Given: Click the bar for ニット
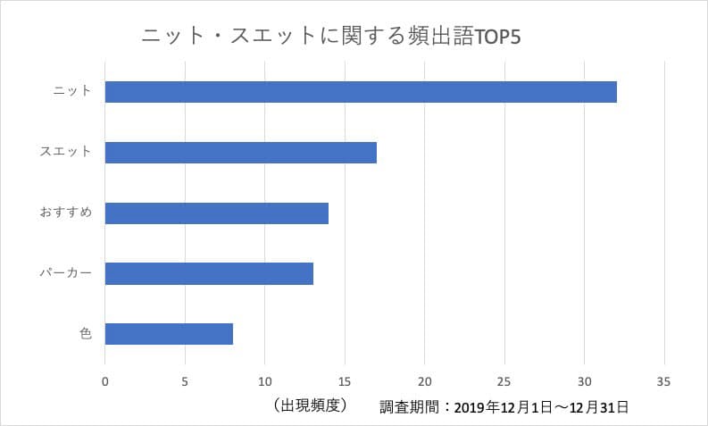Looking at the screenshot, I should click(x=361, y=92).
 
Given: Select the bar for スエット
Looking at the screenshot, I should click(x=241, y=153).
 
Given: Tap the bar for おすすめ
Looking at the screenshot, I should click(x=217, y=213).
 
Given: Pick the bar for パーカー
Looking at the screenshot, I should click(x=209, y=273).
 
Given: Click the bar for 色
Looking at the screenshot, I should click(x=169, y=334).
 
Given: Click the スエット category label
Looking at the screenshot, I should click(x=66, y=152).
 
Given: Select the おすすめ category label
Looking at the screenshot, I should click(x=66, y=213).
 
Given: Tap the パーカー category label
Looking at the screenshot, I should click(x=66, y=273).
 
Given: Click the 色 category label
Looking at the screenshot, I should click(x=85, y=334).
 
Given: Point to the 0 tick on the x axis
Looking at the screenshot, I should click(x=105, y=382).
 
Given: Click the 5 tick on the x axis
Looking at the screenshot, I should click(x=185, y=382).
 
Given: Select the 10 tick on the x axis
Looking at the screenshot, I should click(x=265, y=382).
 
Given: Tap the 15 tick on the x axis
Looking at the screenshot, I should click(x=345, y=382).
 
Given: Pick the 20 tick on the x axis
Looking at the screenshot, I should click(x=425, y=382).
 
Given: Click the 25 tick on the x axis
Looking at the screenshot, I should click(x=504, y=382).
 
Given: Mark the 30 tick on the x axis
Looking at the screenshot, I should click(x=584, y=382).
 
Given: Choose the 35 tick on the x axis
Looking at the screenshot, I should click(x=663, y=382).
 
